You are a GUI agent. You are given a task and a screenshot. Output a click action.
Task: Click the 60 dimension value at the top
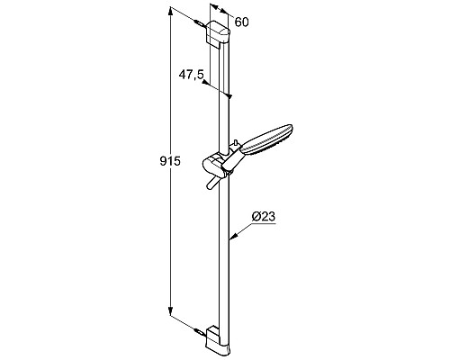[241, 22]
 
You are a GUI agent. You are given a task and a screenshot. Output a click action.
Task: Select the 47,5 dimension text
[189, 76]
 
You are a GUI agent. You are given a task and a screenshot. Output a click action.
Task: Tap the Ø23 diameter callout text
[263, 216]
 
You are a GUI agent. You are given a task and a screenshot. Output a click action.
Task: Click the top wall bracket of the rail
[219, 34]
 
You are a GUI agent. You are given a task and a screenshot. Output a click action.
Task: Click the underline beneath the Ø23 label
[265, 226]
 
